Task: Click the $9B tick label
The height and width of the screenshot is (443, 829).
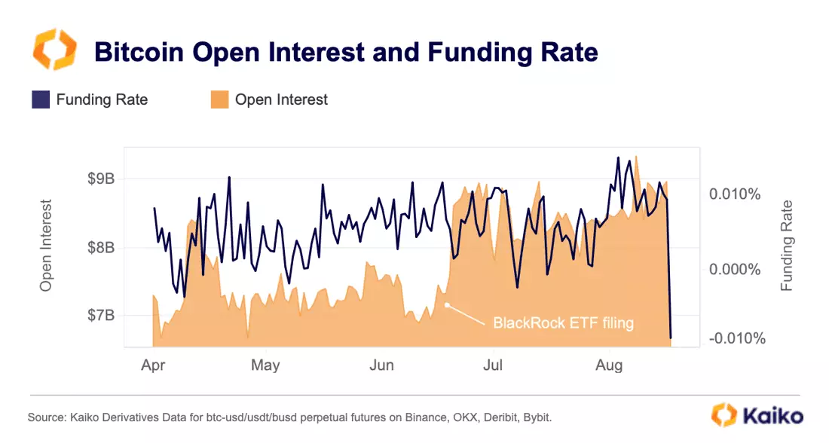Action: [101, 179]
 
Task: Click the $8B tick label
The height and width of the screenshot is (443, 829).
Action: [101, 247]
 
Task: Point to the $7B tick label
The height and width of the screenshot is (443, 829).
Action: [101, 316]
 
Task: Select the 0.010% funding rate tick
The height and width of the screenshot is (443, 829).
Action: [734, 194]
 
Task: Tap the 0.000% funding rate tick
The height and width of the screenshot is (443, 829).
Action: [734, 270]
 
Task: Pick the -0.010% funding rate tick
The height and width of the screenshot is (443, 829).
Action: [736, 338]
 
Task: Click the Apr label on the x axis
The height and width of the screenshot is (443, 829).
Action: [153, 366]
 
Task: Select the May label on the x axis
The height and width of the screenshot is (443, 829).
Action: [265, 366]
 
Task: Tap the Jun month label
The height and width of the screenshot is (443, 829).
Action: [382, 365]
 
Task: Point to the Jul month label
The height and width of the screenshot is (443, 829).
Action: [493, 365]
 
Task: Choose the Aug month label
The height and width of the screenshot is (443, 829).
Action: [609, 366]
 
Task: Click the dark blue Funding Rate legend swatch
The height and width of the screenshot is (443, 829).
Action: [41, 99]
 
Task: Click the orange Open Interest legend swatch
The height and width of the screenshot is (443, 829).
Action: [219, 99]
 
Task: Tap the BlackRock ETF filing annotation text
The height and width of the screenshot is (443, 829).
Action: [563, 323]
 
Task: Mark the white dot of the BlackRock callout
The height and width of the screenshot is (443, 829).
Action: [447, 305]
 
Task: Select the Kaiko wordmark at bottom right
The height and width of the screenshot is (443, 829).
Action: [772, 416]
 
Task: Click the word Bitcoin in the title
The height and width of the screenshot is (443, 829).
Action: [139, 52]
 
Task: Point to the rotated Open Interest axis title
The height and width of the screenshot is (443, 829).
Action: [46, 246]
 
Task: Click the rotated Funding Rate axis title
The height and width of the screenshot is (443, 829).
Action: [787, 246]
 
